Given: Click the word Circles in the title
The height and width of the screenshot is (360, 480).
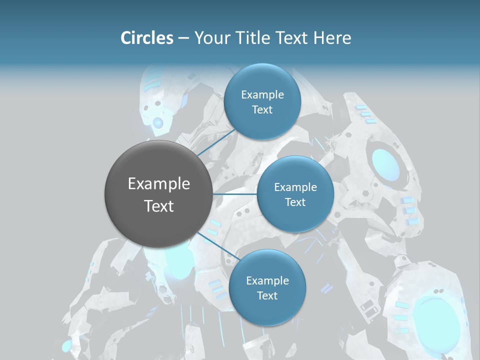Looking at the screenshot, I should tap(146, 38).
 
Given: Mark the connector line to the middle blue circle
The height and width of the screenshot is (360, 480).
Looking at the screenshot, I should tap(235, 194).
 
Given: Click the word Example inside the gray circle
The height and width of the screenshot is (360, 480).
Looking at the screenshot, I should tap(158, 184).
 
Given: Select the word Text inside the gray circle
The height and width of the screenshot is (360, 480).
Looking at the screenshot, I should tap(158, 206).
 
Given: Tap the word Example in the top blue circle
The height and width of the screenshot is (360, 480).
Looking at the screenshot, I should tap(262, 95).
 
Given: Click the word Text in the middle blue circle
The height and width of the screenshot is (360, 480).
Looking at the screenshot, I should tap(295, 202).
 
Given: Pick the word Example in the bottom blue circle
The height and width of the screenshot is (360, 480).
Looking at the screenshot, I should tap(267, 281).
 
